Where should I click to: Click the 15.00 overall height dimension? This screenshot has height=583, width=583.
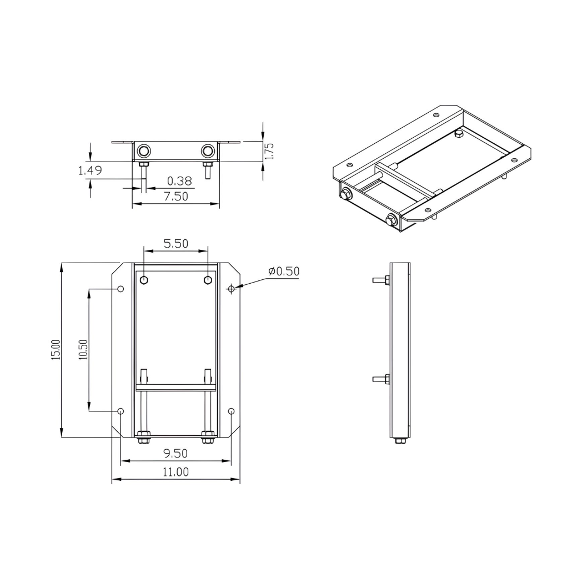pos(56,350)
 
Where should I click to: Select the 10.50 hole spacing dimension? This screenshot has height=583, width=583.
pos(83,350)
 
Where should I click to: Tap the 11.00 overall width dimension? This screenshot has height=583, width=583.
pos(175,472)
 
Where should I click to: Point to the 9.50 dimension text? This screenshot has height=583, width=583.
pos(175,454)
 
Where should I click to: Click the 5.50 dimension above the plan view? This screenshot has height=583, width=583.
pos(175,243)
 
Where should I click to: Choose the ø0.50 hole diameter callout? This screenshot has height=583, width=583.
pos(283,272)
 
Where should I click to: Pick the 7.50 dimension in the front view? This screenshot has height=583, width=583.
pos(175,196)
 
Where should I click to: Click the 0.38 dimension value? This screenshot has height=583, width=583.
pos(179,180)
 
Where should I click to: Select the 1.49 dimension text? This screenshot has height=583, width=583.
pos(89,170)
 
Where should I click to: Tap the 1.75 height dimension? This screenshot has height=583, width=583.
pos(269,151)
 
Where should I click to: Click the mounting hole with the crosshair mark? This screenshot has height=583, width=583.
pos(232,288)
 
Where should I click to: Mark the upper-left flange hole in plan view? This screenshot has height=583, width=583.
pos(121,289)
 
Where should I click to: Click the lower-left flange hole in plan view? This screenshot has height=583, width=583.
pos(121,411)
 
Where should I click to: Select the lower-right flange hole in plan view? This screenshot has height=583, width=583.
pos(232,411)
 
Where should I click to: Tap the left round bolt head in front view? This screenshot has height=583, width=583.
pos(144,150)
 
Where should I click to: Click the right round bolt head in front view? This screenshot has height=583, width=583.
pos(208,150)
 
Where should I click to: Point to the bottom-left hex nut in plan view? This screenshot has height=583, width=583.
pos(143,438)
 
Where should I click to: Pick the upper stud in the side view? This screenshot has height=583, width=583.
pos(381,280)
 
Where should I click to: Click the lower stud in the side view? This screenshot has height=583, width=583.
pos(381,380)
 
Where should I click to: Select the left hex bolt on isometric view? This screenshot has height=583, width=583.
pos(346,193)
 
